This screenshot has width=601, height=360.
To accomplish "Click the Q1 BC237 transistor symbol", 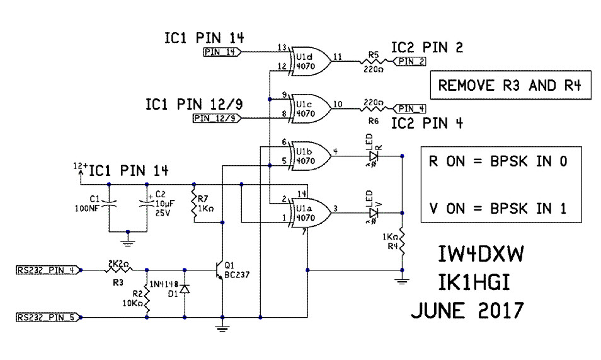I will (220, 270).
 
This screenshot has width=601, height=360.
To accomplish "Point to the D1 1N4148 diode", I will (185, 289).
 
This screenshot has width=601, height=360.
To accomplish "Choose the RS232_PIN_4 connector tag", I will (47, 270).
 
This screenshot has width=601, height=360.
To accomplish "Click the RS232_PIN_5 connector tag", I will (47, 316).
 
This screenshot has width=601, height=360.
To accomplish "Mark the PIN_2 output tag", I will (410, 61).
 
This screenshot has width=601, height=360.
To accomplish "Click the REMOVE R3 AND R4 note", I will (510, 85).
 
